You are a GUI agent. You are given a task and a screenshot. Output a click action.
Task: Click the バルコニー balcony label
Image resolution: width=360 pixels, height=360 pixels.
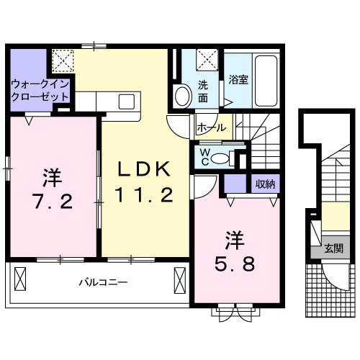103,282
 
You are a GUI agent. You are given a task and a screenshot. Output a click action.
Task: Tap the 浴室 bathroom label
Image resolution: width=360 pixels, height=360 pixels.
238,80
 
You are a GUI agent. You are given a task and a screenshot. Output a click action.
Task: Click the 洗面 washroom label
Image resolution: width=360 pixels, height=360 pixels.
204,88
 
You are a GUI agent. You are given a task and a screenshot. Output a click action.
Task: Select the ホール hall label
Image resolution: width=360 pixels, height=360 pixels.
210,127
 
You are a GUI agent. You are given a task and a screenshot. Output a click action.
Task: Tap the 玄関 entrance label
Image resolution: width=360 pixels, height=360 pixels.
333,248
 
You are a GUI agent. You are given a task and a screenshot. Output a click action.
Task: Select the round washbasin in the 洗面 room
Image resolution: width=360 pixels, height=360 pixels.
182,95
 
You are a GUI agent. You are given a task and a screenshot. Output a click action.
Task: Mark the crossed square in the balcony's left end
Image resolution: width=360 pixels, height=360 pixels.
19,276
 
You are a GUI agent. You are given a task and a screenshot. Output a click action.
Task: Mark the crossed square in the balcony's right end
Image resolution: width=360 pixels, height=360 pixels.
178,276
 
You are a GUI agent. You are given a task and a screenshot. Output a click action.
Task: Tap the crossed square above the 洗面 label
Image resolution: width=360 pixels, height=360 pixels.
206,59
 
